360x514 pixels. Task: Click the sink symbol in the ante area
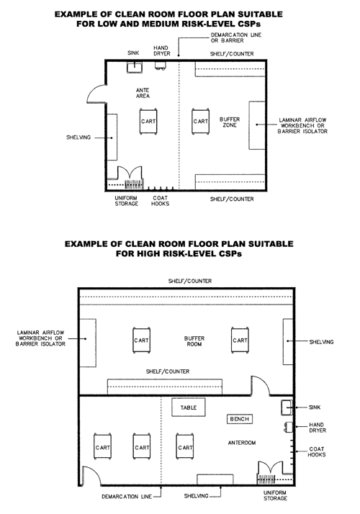coord(135,67)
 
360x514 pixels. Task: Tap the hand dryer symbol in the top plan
coord(161,66)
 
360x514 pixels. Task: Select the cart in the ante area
coord(148,121)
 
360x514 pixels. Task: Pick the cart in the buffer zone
coord(201,121)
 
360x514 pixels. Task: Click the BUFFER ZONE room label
coord(230,122)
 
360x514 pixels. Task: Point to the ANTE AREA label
coord(143,93)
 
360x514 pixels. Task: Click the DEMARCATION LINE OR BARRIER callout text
coord(236,37)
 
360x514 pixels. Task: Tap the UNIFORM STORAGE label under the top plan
coord(127,201)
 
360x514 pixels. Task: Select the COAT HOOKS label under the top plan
coord(160,201)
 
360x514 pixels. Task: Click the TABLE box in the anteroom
coord(189,407)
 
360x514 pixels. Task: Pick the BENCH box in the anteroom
coord(240,419)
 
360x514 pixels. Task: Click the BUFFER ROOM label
coord(194,341)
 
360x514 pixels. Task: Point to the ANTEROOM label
coord(242,443)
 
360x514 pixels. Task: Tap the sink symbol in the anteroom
coord(287,407)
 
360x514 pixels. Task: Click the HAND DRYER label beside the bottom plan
coord(318,428)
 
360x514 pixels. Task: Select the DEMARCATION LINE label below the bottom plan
coord(127,497)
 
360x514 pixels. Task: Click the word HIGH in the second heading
coord(145,253)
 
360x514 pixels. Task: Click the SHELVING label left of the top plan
coord(78,137)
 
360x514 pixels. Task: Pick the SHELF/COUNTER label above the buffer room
coord(190,281)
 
